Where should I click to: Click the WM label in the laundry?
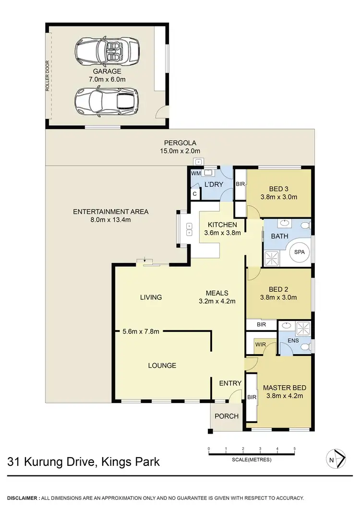[195, 173]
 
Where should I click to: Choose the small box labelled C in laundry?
[194, 194]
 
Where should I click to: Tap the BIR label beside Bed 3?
[240, 184]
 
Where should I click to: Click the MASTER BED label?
[284, 387]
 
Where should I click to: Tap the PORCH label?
[226, 416]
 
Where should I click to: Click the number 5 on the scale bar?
[294, 449]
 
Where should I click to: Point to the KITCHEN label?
[222, 225]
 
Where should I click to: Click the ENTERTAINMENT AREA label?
[110, 212]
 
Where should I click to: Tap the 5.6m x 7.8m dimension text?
[141, 331]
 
